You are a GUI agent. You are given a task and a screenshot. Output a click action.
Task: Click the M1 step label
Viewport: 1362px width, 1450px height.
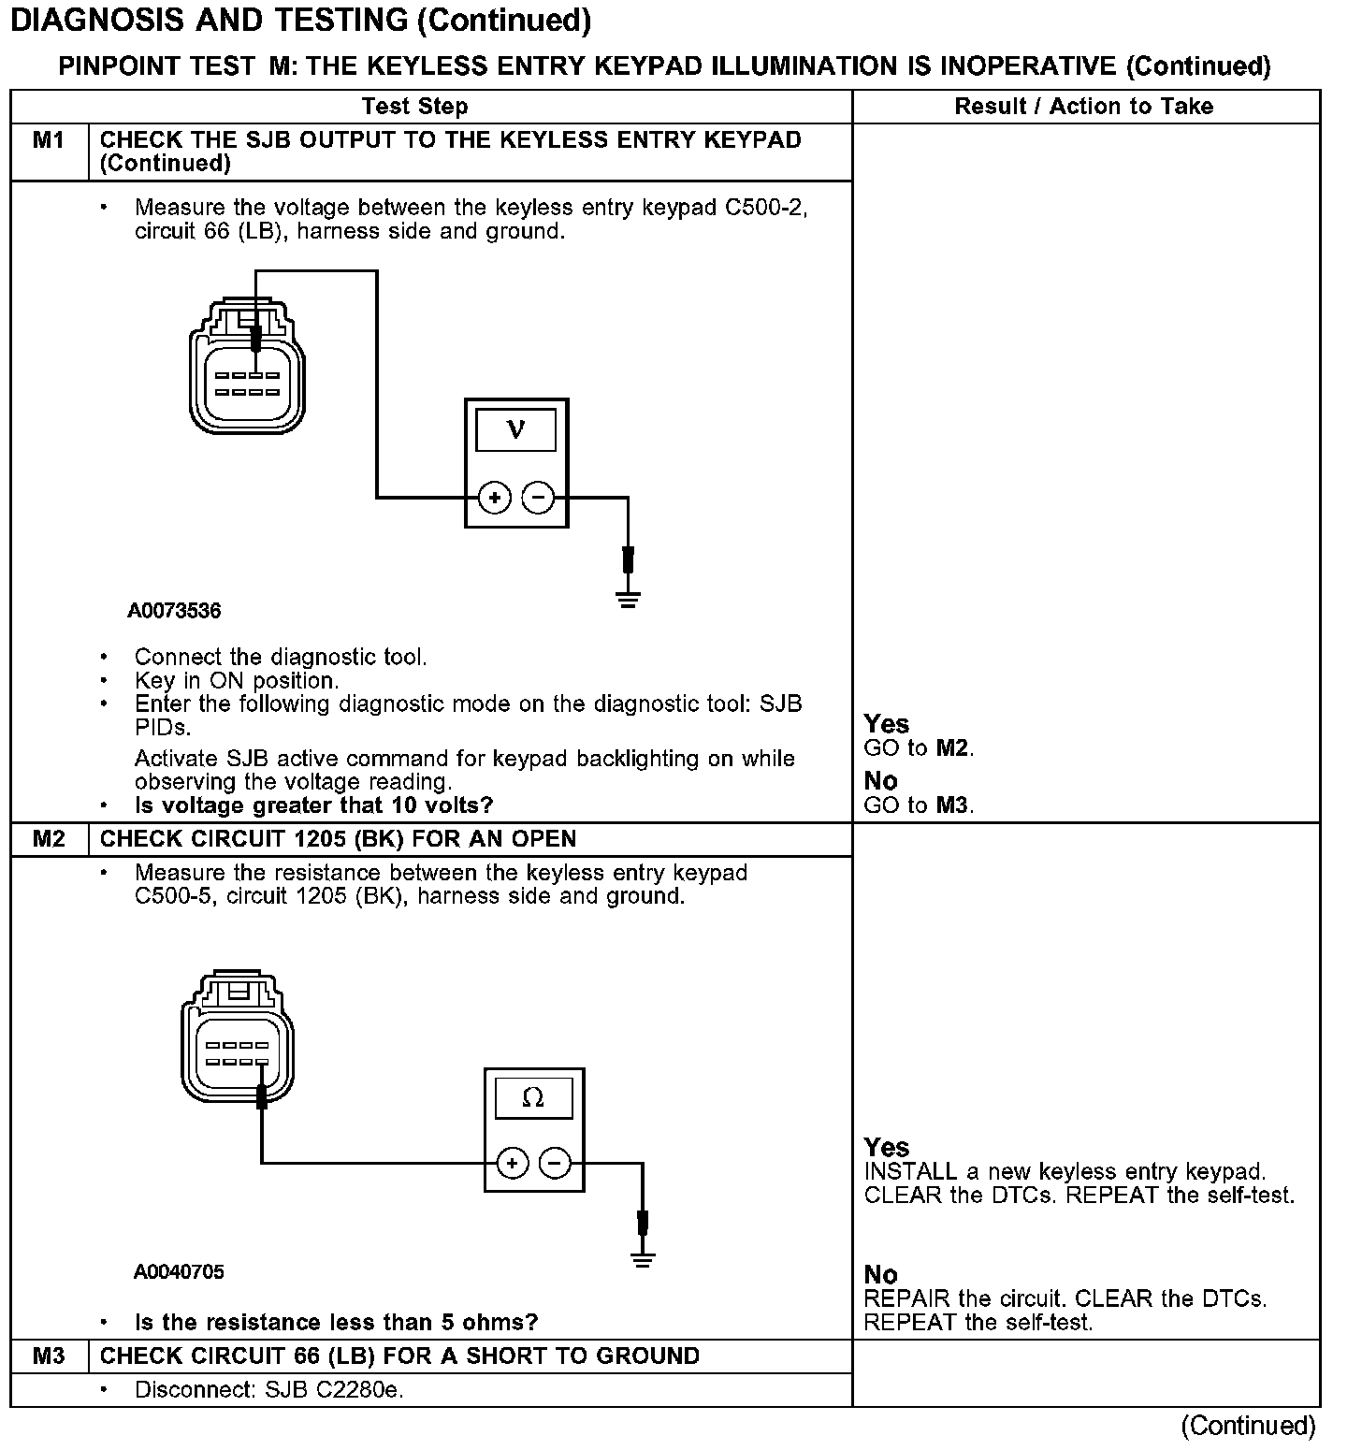[x=49, y=140]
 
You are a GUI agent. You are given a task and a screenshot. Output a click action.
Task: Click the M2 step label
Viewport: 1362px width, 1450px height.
[x=49, y=839]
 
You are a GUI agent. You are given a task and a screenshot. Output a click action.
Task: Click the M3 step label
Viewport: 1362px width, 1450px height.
[x=49, y=1356]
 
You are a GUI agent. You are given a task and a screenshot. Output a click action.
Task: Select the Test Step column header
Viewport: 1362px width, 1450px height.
[x=414, y=107]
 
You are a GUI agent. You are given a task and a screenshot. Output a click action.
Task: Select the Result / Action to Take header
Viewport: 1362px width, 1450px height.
[x=1083, y=107]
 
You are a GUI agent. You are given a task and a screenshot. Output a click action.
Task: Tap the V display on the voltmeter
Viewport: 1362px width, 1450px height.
[x=515, y=431]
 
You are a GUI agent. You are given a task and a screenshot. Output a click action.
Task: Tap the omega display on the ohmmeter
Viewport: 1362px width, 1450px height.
[x=533, y=1098]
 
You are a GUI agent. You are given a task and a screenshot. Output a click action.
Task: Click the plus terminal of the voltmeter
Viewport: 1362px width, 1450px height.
[x=495, y=498]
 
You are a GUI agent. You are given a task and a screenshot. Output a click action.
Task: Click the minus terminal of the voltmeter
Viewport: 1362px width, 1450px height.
[x=538, y=498]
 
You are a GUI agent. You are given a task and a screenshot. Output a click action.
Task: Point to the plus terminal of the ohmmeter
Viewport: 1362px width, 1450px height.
[x=512, y=1164]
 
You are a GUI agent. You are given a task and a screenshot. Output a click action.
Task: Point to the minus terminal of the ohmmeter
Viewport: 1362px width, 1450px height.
[x=556, y=1164]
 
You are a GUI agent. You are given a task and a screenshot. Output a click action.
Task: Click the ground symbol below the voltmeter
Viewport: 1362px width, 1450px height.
[x=629, y=599]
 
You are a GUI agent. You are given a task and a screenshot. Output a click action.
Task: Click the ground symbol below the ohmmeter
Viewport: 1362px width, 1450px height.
[x=643, y=1259]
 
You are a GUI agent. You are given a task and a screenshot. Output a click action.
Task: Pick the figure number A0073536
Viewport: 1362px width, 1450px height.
[x=175, y=612]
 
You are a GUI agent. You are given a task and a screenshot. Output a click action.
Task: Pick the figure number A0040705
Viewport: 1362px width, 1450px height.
[x=179, y=1272]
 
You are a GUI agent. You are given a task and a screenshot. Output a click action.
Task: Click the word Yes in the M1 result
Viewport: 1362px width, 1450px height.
[x=886, y=724]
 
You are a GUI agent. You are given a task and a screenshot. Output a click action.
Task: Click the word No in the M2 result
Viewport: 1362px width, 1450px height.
[x=880, y=1275]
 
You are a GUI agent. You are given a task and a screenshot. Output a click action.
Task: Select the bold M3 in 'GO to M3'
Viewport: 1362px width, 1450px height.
[x=952, y=805]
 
